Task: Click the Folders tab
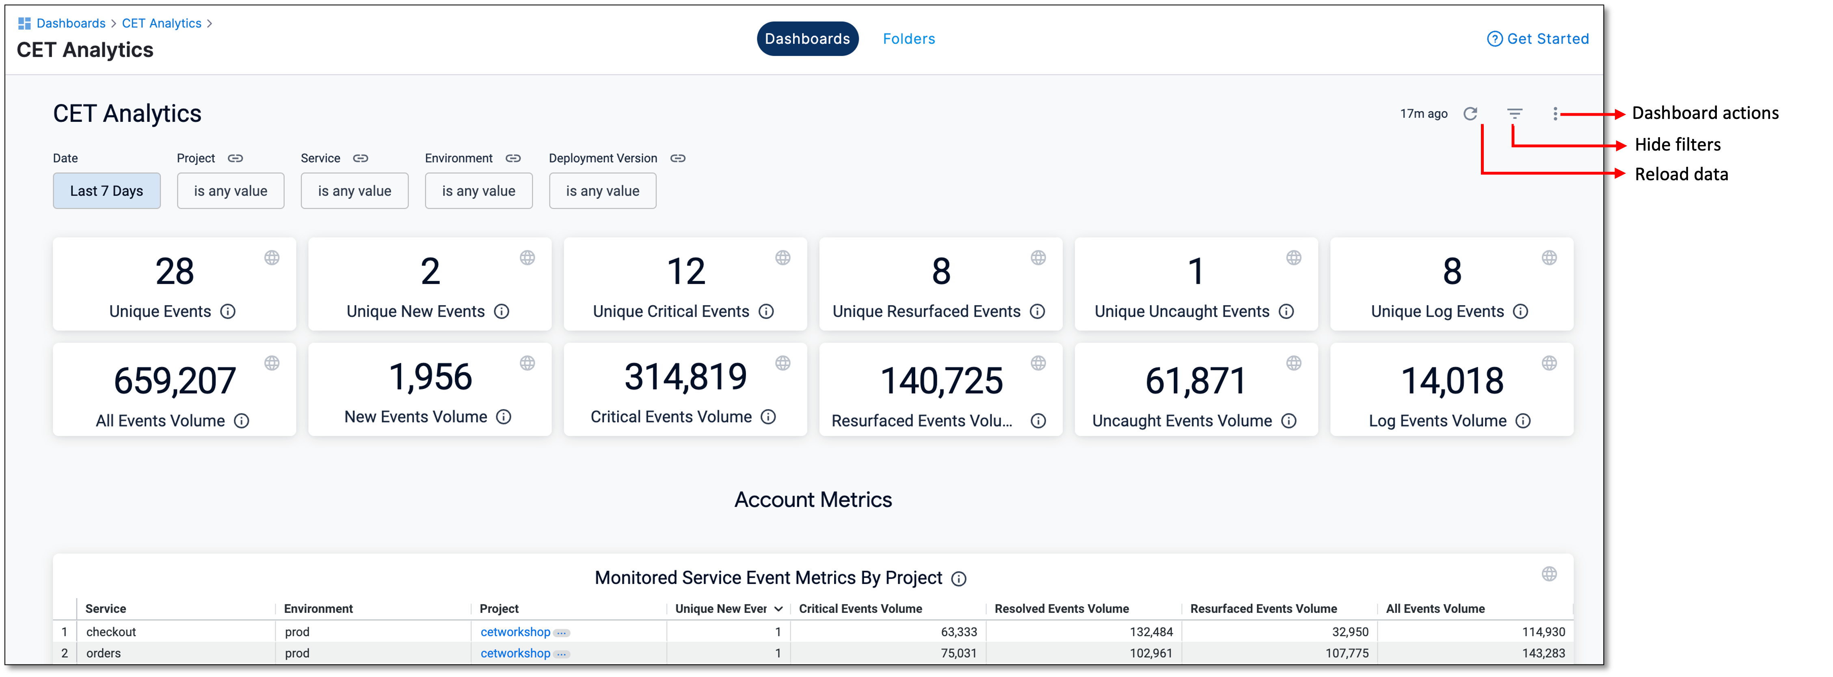tap(909, 39)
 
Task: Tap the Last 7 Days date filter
tap(107, 191)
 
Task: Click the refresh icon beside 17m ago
tap(1470, 114)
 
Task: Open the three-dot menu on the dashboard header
tap(1556, 114)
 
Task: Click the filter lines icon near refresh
tap(1514, 114)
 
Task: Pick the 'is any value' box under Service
tap(354, 191)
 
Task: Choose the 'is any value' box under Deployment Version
tap(602, 191)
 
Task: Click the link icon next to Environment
tap(513, 158)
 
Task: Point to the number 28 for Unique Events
tap(174, 272)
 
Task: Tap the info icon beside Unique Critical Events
tap(766, 311)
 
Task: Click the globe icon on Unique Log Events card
tap(1549, 257)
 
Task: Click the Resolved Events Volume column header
tap(1061, 609)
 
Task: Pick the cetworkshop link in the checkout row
tap(515, 632)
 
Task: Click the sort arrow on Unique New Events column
tap(778, 609)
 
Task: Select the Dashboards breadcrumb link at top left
tap(70, 24)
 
